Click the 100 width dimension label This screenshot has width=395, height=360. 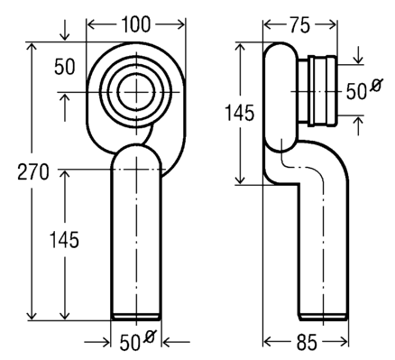[135, 24]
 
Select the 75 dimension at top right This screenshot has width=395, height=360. [299, 25]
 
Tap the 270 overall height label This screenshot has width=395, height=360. [33, 172]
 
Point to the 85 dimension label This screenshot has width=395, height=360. [307, 343]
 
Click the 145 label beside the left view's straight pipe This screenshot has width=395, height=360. [64, 240]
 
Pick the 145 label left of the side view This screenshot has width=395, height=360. [240, 113]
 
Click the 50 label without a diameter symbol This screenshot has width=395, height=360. [64, 67]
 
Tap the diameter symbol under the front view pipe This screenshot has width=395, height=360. [150, 336]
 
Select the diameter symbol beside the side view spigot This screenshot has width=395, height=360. [376, 85]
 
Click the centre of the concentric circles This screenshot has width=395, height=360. [136, 92]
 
